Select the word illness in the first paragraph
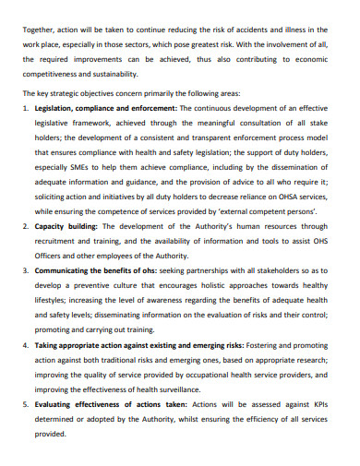click(x=312, y=30)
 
